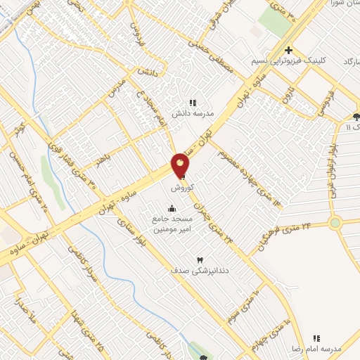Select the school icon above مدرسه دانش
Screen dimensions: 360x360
193,103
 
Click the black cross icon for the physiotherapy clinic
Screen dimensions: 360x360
288,50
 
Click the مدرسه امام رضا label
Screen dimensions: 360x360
316,349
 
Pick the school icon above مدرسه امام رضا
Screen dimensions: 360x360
316,338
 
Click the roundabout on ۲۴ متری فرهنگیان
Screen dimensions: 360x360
335,224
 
